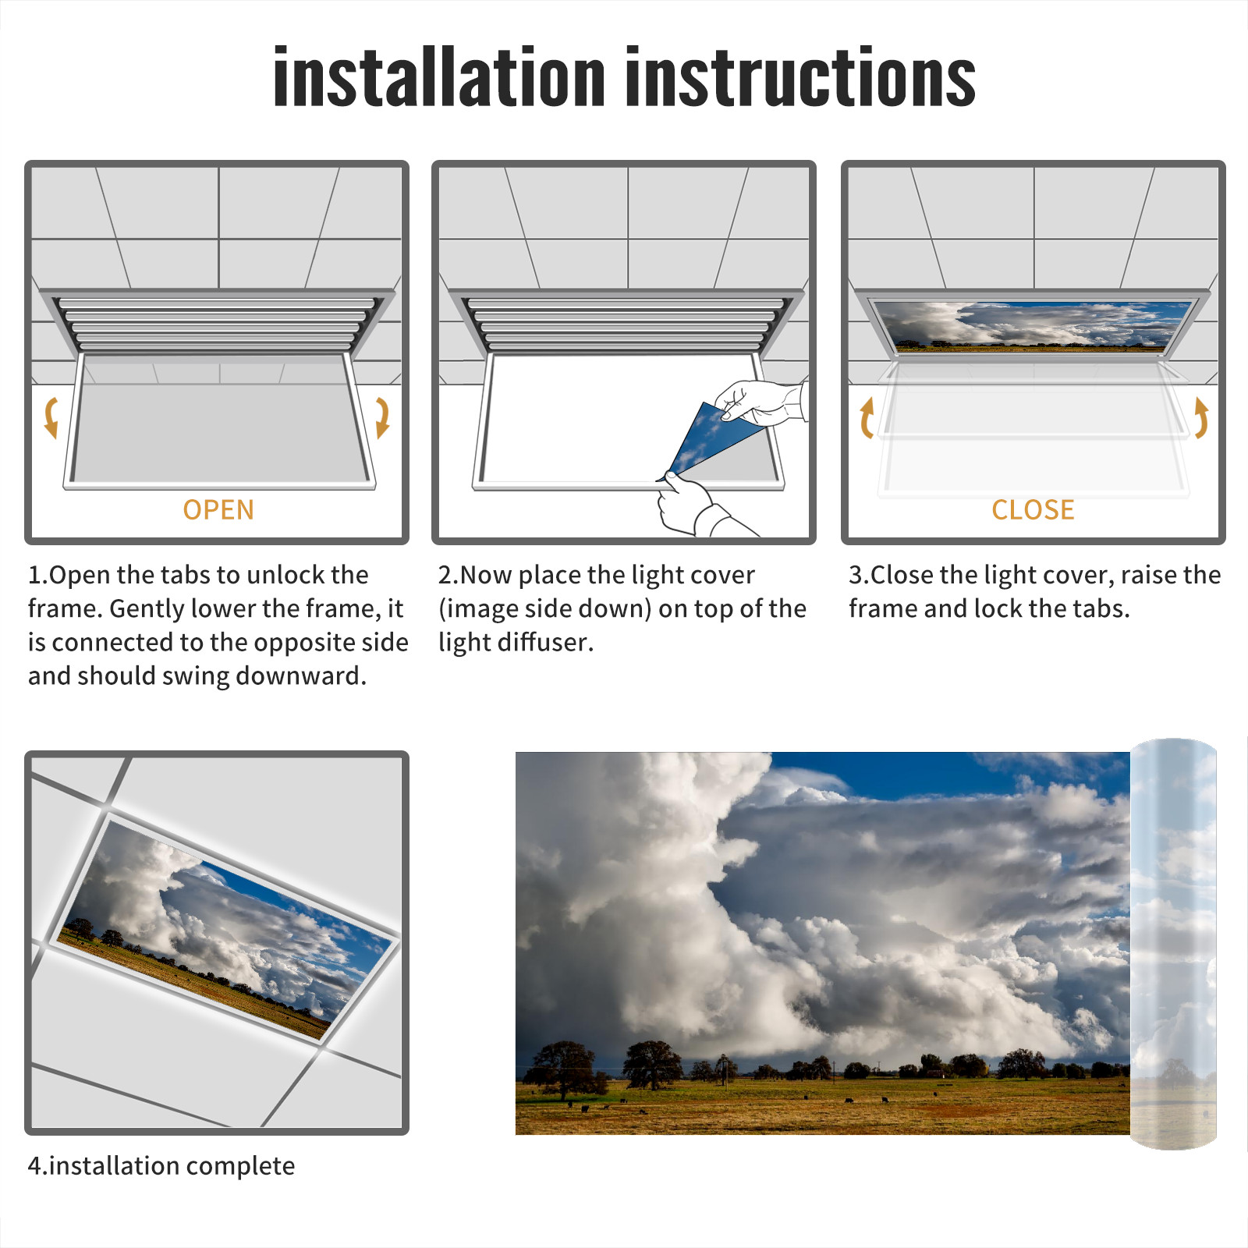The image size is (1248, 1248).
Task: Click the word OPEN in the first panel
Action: [218, 510]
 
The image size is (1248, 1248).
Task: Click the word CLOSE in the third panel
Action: [1033, 510]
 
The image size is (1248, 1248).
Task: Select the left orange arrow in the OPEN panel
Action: [51, 417]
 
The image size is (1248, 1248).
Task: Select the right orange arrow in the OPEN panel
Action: [382, 417]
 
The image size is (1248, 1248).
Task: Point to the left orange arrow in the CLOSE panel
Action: [867, 417]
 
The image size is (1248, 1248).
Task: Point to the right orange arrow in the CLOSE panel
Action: [1201, 417]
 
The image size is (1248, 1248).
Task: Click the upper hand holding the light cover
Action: [760, 402]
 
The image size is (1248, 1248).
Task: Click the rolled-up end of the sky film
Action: [1173, 944]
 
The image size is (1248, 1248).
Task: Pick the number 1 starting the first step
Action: [34, 575]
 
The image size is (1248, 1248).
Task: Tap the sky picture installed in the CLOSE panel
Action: [1032, 326]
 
